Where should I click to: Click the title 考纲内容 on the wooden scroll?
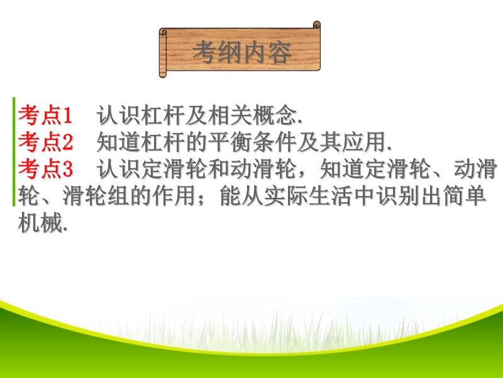click(x=242, y=52)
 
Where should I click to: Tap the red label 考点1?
click(x=45, y=115)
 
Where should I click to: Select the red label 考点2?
click(x=45, y=142)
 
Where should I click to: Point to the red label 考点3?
click(x=45, y=169)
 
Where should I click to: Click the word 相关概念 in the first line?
click(x=253, y=115)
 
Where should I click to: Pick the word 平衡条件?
click(x=253, y=142)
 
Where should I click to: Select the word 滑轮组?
click(x=96, y=196)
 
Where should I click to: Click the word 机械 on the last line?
click(x=40, y=223)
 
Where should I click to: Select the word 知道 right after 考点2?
click(x=118, y=142)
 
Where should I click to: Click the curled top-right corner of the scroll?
click(x=316, y=25)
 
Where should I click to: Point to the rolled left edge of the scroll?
click(x=163, y=53)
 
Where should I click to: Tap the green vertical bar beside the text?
click(x=14, y=151)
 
